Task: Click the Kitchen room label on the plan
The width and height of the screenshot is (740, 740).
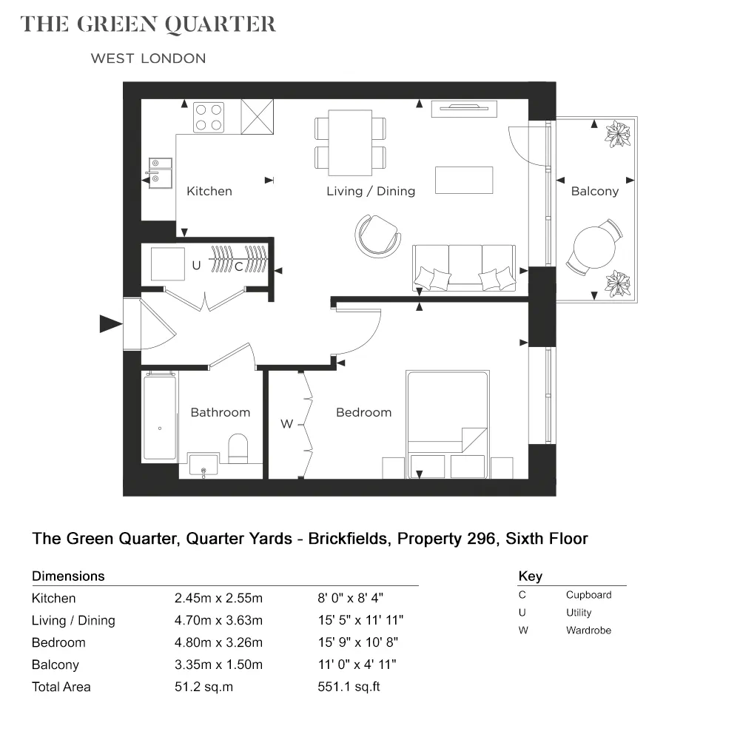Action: click(x=209, y=191)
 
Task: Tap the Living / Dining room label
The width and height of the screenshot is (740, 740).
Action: click(x=371, y=191)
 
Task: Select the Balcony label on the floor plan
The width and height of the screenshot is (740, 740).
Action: click(x=595, y=191)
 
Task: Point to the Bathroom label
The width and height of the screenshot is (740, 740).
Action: click(x=220, y=412)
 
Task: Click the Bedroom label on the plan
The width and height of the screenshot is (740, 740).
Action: click(x=363, y=412)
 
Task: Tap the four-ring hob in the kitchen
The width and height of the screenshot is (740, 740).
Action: click(x=209, y=117)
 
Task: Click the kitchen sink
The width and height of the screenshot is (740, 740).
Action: click(x=160, y=172)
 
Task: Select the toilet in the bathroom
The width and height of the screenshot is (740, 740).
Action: click(x=238, y=448)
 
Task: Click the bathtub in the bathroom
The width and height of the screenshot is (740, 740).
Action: click(x=160, y=416)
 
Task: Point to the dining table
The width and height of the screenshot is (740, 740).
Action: click(x=350, y=143)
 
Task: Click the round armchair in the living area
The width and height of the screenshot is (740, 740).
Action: click(x=377, y=235)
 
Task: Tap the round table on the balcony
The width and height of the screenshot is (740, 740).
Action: click(x=595, y=247)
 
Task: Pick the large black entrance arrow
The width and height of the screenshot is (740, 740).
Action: click(x=111, y=324)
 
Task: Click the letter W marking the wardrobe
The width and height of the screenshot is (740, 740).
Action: click(x=286, y=424)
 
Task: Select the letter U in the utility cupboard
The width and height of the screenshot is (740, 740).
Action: click(x=196, y=265)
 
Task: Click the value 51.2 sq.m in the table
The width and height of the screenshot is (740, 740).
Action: click(x=204, y=687)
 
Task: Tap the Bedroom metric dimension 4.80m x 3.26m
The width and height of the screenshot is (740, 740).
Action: click(x=218, y=642)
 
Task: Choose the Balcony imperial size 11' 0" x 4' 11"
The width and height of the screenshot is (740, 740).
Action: click(x=357, y=665)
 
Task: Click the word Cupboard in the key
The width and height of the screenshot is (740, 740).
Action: click(x=588, y=595)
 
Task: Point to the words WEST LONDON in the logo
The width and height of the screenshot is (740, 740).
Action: click(x=148, y=58)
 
